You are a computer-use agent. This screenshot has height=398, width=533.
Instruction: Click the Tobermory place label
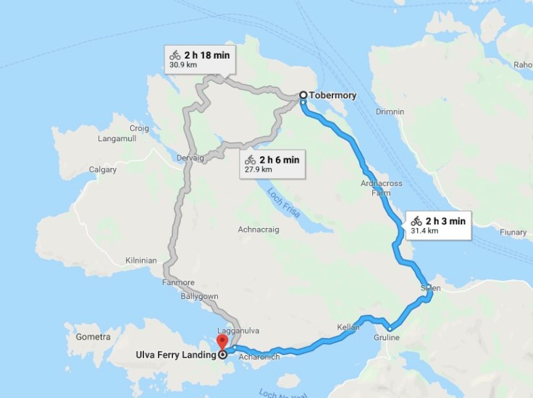(x=332, y=95)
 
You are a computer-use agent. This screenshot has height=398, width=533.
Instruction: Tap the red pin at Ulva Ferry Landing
(x=222, y=342)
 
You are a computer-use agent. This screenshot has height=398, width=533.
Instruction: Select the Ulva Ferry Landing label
(x=175, y=355)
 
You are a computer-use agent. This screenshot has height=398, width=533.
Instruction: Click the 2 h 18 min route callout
(x=198, y=59)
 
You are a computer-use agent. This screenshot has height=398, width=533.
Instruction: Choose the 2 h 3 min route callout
(x=439, y=225)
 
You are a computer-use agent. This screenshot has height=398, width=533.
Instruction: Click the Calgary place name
(x=102, y=170)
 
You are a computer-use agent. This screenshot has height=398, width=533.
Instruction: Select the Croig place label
(x=139, y=128)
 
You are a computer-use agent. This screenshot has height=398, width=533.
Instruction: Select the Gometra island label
(x=93, y=337)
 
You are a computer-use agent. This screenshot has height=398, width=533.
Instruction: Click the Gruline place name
(x=388, y=338)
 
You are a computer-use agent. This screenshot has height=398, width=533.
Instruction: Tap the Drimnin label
(x=390, y=112)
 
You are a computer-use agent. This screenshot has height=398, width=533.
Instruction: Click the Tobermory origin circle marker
(x=303, y=95)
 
